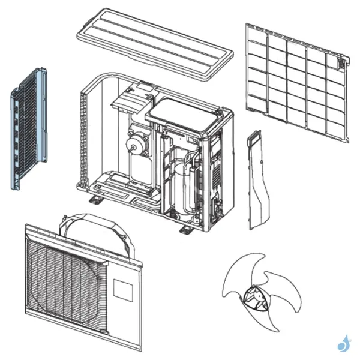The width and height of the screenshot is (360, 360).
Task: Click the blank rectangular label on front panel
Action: (122, 288)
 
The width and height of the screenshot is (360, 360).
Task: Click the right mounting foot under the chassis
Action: (185, 229)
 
